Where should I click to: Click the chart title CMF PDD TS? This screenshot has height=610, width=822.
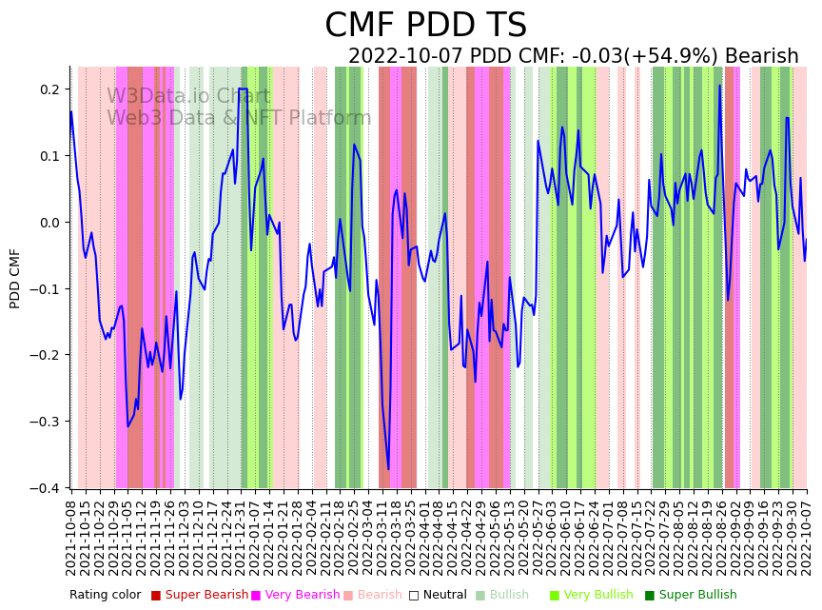coord(425,26)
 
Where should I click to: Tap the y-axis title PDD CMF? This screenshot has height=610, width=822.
coord(15,278)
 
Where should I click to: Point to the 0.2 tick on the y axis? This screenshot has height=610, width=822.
coord(49,89)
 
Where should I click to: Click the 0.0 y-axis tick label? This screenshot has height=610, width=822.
coord(49,223)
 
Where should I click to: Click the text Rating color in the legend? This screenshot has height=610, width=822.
coord(105,595)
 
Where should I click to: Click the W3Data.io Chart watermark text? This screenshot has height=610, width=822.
coord(188,97)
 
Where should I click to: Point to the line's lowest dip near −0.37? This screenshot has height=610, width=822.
coord(387,469)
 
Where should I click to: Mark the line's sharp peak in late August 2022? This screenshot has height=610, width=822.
coord(719,86)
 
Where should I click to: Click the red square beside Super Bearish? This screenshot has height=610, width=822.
coord(156,596)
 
